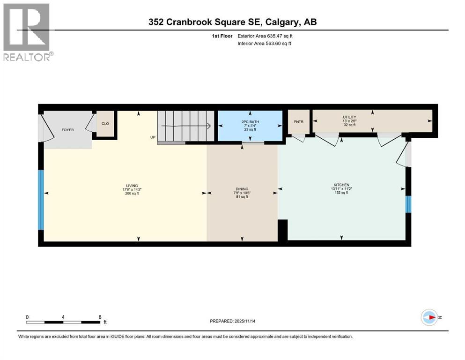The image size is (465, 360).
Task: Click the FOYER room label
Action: [67, 130]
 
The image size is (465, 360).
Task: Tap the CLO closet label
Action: [105, 124]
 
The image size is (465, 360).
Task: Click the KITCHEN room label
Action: [342, 185]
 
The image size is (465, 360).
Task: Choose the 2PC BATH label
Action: [250, 121]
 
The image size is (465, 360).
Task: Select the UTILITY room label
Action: [349, 117]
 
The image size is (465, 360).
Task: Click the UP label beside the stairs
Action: [153, 137]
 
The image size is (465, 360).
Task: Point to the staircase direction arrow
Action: [185, 126]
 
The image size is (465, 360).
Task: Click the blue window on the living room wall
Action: [41, 199]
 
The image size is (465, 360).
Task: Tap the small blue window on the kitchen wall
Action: [408, 204]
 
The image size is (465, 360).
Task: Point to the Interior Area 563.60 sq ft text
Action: [264, 44]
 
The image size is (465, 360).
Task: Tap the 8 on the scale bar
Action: [99, 317]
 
